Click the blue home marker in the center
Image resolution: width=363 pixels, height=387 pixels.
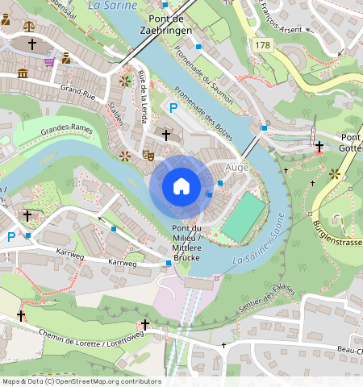pos(181,187)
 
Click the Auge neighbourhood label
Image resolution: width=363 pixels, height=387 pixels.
pos(237,168)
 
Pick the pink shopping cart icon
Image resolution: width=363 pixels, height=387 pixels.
pos(49,60)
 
